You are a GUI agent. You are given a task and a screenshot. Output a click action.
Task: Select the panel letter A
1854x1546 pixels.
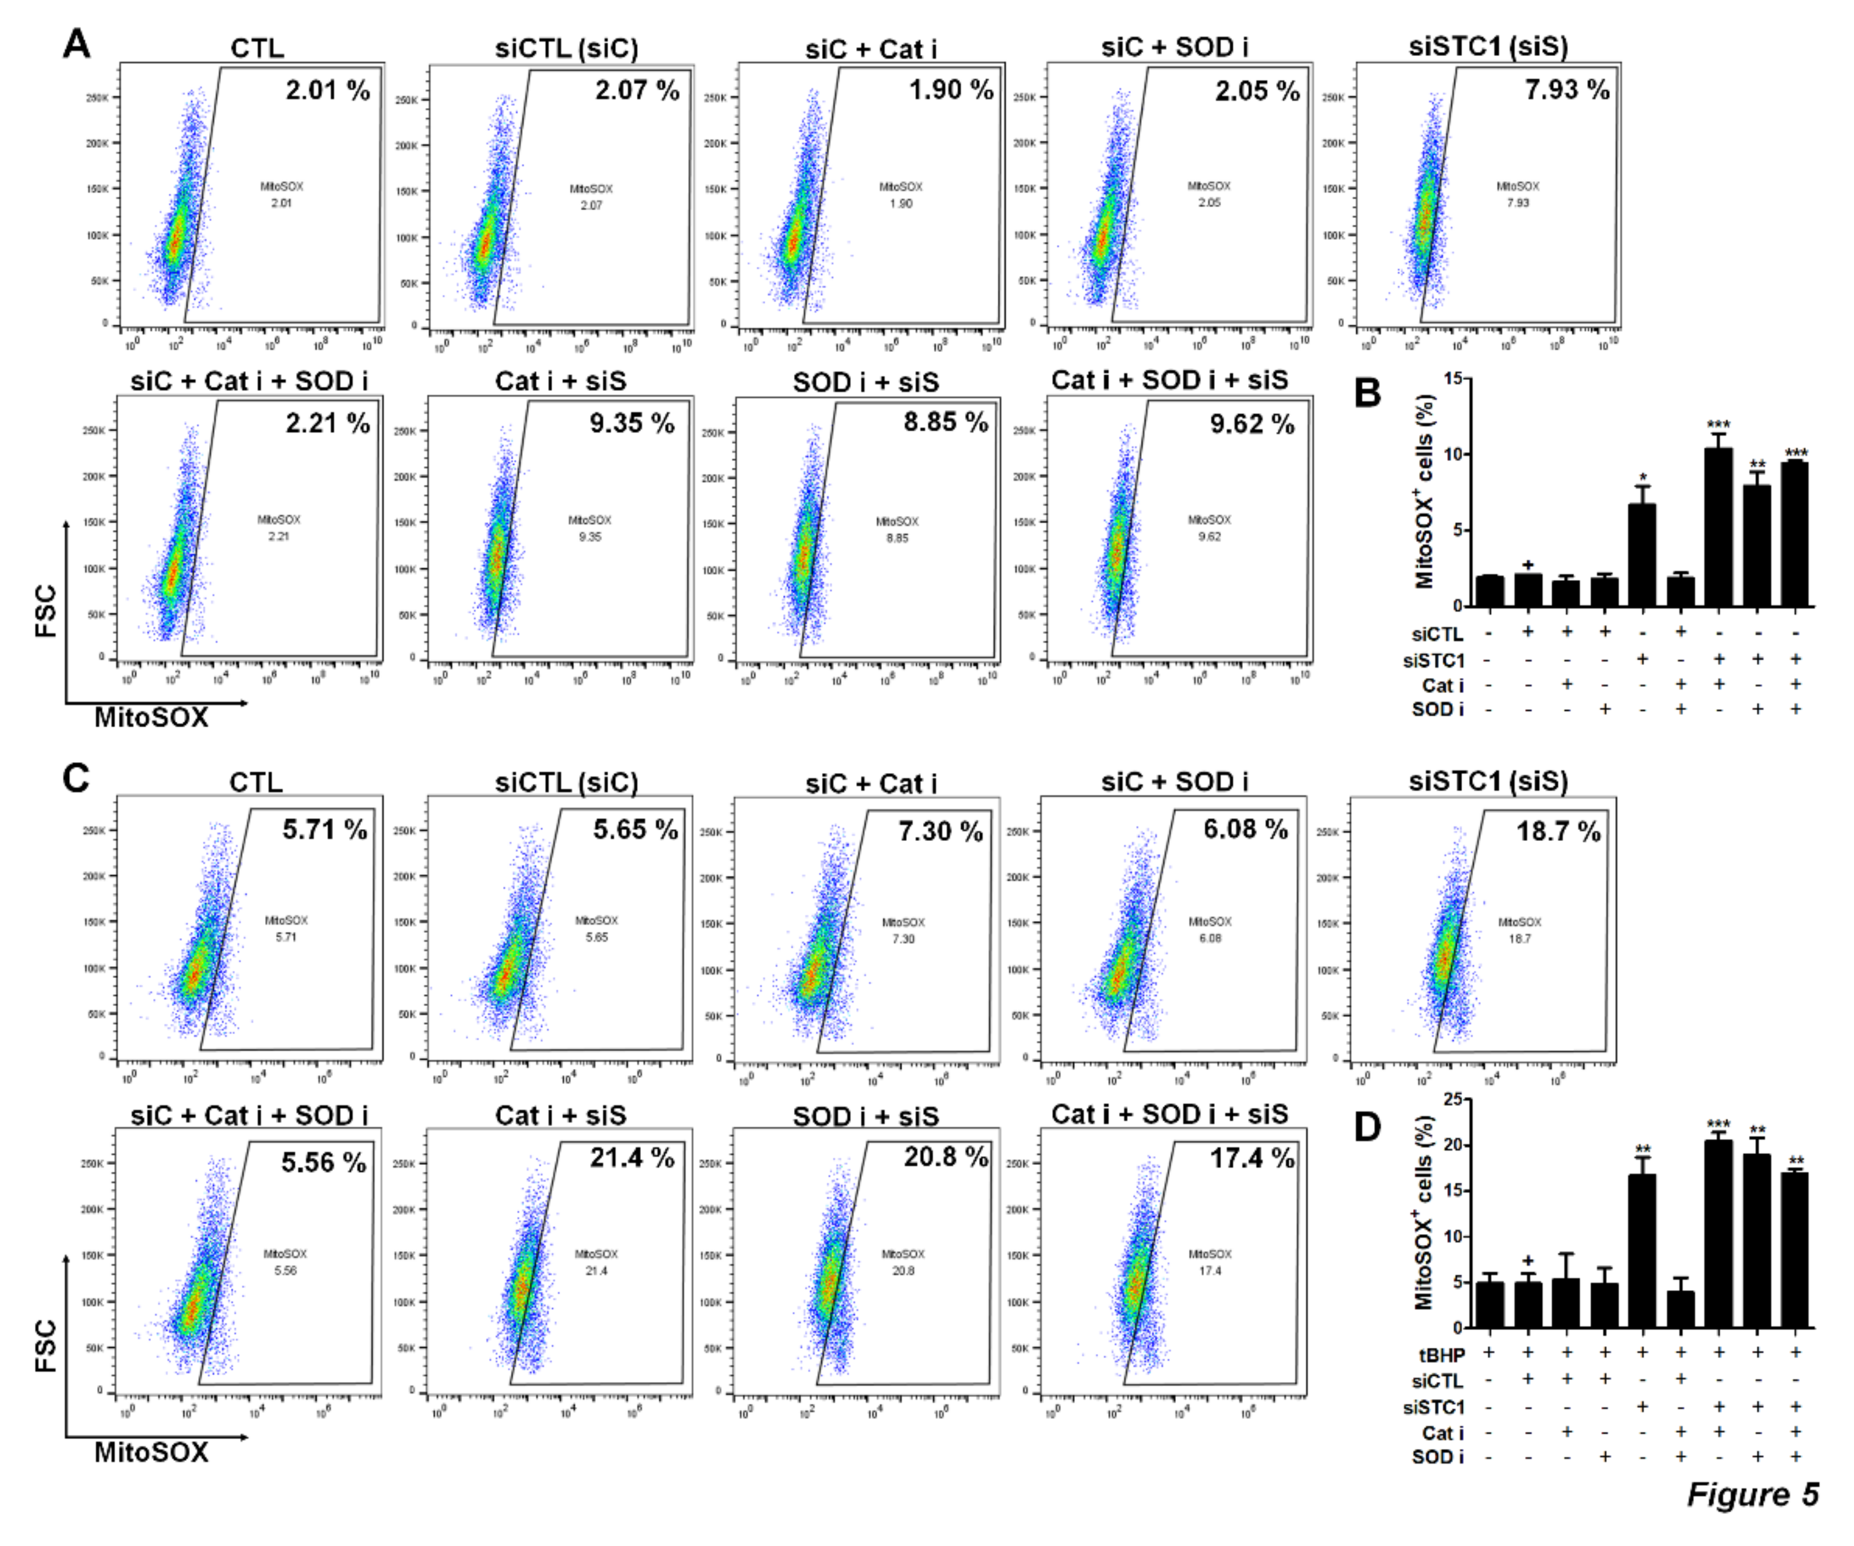click(x=77, y=42)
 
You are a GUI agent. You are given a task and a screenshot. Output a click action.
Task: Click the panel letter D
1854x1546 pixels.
click(x=1367, y=1127)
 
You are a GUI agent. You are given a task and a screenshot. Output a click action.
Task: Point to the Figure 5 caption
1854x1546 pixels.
click(x=1752, y=1494)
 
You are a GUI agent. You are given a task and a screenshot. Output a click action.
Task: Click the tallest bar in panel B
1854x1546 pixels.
click(x=1718, y=526)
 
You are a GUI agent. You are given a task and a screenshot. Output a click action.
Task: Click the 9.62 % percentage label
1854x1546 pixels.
click(x=1252, y=424)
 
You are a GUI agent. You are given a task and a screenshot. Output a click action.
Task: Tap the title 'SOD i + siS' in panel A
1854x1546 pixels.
click(x=865, y=382)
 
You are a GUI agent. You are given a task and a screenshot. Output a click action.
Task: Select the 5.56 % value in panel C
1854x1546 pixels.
click(x=323, y=1162)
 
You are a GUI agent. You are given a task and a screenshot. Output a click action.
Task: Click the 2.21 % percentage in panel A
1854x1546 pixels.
click(x=327, y=424)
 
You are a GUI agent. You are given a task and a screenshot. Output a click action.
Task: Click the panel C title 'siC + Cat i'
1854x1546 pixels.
click(x=870, y=783)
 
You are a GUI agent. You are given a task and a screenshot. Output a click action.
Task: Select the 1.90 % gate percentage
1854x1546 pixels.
click(x=951, y=90)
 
